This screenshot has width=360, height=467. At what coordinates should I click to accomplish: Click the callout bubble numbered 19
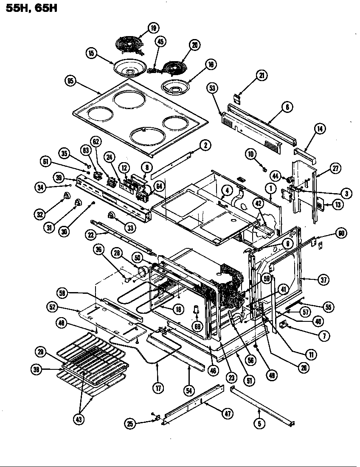pyautogui.click(x=153, y=28)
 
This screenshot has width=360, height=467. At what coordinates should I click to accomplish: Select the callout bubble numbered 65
pyautogui.click(x=71, y=81)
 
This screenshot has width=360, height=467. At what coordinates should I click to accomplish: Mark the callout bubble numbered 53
pyautogui.click(x=213, y=88)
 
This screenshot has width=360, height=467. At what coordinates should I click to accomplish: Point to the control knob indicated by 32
pyautogui.click(x=67, y=196)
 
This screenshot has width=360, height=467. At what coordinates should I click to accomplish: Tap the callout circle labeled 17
pyautogui.click(x=157, y=376)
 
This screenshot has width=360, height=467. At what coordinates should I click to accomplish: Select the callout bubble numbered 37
pyautogui.click(x=322, y=279)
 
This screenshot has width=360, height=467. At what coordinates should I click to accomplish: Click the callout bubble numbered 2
pyautogui.click(x=205, y=145)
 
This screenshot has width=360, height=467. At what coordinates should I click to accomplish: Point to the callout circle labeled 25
pyautogui.click(x=130, y=423)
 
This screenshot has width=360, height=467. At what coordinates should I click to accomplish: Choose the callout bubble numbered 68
pyautogui.click(x=197, y=326)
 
